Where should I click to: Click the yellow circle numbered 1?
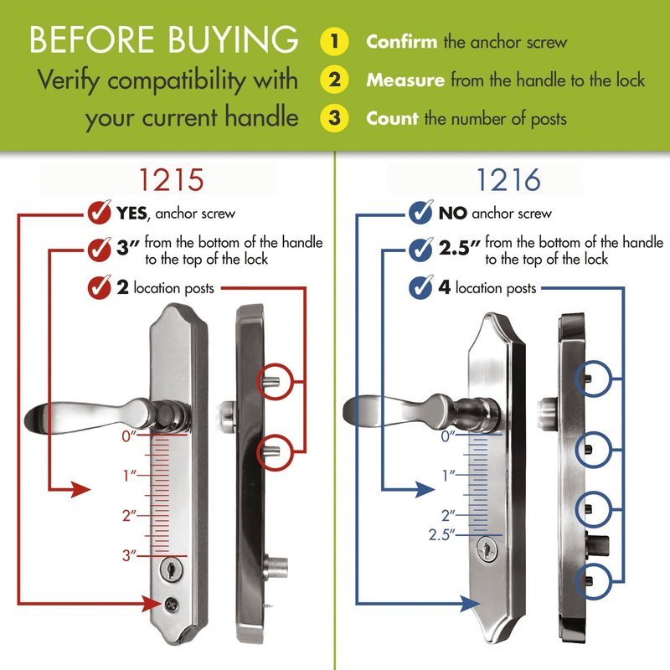pyautogui.click(x=334, y=41)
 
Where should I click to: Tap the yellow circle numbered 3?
pyautogui.click(x=334, y=117)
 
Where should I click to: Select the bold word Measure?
pyautogui.click(x=405, y=80)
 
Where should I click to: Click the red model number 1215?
pyautogui.click(x=172, y=180)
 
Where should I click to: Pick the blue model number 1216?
pyautogui.click(x=508, y=180)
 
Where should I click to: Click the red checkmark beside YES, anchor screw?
pyautogui.click(x=99, y=212)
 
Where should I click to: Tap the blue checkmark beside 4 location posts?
pyautogui.click(x=421, y=286)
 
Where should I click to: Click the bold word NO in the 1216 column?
pyautogui.click(x=452, y=213)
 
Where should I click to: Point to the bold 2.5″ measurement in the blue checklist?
pyautogui.click(x=459, y=247)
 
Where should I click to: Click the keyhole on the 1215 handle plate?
pyautogui.click(x=172, y=569)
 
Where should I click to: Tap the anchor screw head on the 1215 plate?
pyautogui.click(x=172, y=604)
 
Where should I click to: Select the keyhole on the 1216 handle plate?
pyautogui.click(x=487, y=549)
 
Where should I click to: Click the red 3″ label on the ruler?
pyautogui.click(x=130, y=555)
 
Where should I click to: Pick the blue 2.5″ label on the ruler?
pyautogui.click(x=442, y=534)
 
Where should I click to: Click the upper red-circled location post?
pyautogui.click(x=271, y=382)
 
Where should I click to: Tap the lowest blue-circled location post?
pyautogui.click(x=589, y=580)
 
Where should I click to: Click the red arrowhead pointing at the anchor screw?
pyautogui.click(x=152, y=603)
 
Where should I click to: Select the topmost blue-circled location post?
pyautogui.click(x=589, y=379)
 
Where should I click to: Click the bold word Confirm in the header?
pyautogui.click(x=402, y=42)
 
